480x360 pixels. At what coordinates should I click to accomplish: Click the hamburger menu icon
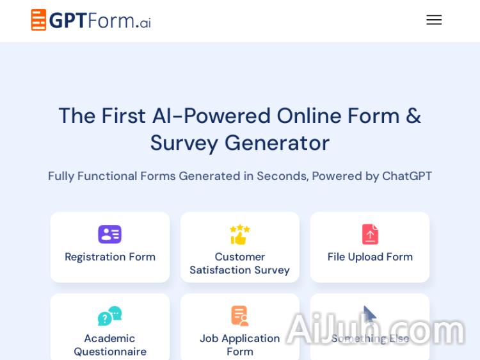pyautogui.click(x=434, y=20)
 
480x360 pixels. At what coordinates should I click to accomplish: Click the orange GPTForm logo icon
pyautogui.click(x=38, y=20)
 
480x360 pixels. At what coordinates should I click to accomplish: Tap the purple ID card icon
pyautogui.click(x=109, y=234)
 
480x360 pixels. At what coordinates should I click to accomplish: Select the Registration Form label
pyautogui.click(x=110, y=257)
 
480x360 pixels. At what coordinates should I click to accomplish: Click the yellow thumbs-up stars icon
pyautogui.click(x=239, y=234)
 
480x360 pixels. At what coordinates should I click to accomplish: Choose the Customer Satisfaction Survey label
pyautogui.click(x=239, y=263)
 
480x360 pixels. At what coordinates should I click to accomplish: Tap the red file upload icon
pyautogui.click(x=370, y=234)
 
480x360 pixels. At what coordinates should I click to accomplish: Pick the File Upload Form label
pyautogui.click(x=370, y=257)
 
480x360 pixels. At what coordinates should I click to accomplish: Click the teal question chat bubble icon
pyautogui.click(x=109, y=316)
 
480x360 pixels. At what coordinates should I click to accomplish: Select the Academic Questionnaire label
pyautogui.click(x=110, y=345)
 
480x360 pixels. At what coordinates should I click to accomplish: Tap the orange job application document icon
pyautogui.click(x=239, y=316)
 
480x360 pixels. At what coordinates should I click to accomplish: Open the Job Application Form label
pyautogui.click(x=239, y=345)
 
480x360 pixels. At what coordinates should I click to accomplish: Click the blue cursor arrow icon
pyautogui.click(x=369, y=315)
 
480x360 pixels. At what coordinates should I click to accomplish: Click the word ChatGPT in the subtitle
pyautogui.click(x=407, y=176)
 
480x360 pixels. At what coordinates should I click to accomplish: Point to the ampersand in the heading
pyautogui.click(x=413, y=116)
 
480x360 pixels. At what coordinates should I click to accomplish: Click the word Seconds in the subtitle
pyautogui.click(x=281, y=176)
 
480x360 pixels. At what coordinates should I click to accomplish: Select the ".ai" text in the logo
pyautogui.click(x=143, y=22)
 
